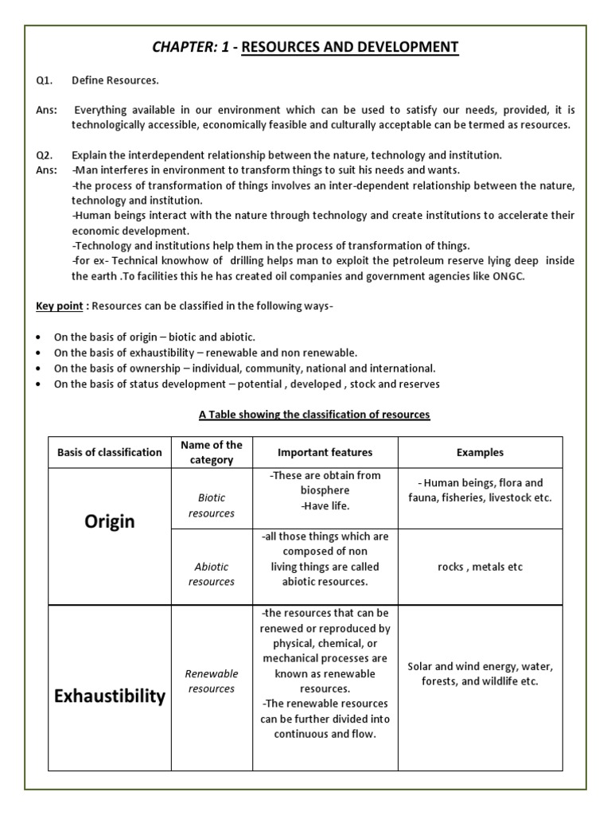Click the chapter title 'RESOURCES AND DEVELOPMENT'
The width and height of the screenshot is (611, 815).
349,48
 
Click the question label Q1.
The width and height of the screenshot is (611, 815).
44,80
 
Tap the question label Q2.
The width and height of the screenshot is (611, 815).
44,155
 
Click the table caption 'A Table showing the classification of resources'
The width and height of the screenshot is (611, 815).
313,415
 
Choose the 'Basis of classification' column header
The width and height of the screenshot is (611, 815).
110,452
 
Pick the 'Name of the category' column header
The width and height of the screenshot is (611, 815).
212,452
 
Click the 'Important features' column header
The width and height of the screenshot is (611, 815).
325,452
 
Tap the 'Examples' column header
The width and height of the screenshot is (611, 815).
480,452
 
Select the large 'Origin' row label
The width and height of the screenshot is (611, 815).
110,521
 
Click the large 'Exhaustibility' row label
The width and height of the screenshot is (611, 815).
110,696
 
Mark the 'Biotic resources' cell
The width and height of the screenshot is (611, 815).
212,505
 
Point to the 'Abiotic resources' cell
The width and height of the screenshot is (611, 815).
212,574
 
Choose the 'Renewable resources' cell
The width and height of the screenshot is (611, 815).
212,681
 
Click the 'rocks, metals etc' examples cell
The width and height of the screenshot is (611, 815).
480,567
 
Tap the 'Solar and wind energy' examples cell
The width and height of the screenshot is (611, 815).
480,673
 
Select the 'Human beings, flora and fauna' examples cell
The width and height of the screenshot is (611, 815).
480,490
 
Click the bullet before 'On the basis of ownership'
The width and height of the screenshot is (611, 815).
39,369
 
